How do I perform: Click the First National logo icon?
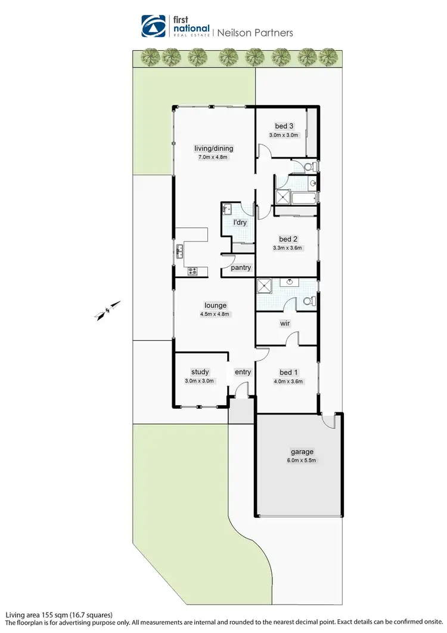pyautogui.click(x=154, y=26)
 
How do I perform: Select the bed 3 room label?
pyautogui.click(x=284, y=126)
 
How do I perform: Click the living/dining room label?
pyautogui.click(x=213, y=149)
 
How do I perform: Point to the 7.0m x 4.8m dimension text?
pyautogui.click(x=213, y=158)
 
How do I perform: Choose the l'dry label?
pyautogui.click(x=240, y=223)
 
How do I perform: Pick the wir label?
pyautogui.click(x=285, y=324)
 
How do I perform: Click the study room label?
pyautogui.click(x=200, y=372)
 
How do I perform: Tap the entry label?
pyautogui.click(x=243, y=372)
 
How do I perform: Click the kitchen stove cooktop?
pyautogui.click(x=193, y=271)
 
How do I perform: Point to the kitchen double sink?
pyautogui.click(x=178, y=251)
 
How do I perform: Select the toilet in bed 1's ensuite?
pyautogui.click(x=309, y=301)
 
